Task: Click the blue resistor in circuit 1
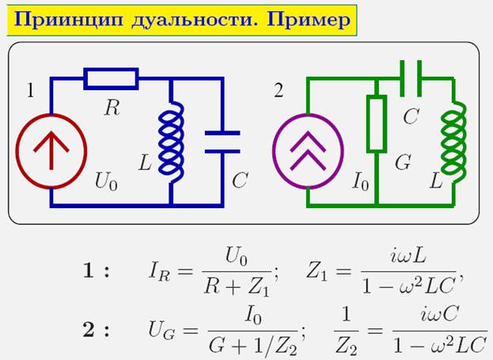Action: pyautogui.click(x=111, y=78)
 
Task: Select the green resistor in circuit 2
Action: pyautogui.click(x=377, y=124)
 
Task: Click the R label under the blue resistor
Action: pyautogui.click(x=112, y=108)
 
